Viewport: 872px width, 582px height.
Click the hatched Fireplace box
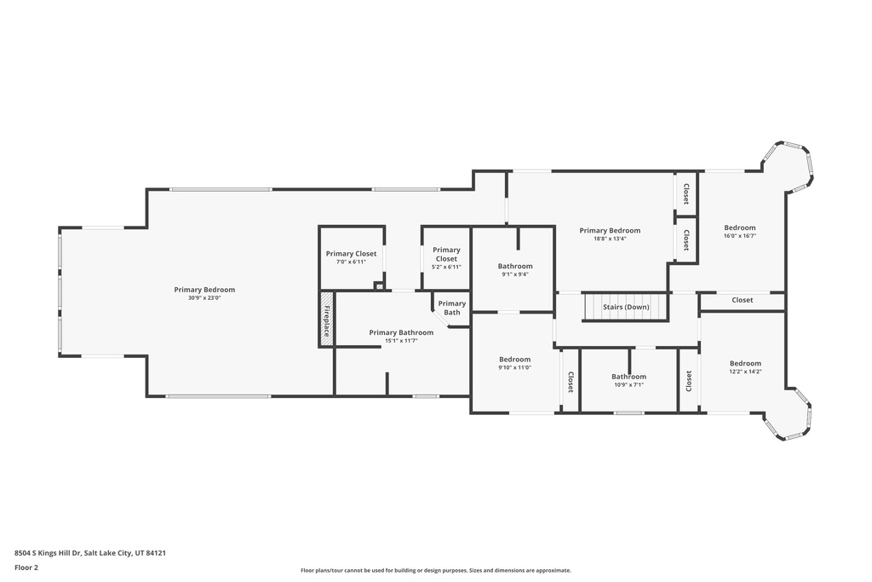point(326,320)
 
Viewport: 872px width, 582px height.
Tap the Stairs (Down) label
point(626,307)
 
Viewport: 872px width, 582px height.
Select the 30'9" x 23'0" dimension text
point(204,297)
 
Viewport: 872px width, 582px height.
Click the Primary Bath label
point(451,308)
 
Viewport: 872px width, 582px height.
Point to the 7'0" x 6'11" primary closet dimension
point(351,262)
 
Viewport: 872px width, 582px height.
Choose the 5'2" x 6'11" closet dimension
point(446,267)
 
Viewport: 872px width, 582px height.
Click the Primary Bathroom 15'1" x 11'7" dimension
point(401,341)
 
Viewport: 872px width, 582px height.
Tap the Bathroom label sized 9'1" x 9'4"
point(515,266)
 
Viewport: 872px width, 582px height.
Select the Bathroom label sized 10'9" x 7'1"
point(629,377)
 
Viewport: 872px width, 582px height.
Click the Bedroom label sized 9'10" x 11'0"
point(514,360)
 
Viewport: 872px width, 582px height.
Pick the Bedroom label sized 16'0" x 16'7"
point(740,228)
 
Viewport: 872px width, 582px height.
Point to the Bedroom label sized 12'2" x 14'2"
point(745,363)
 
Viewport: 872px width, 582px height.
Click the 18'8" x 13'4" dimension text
point(610,239)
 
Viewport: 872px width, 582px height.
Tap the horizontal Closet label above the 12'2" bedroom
point(742,300)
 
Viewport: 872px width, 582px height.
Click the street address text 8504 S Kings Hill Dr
point(48,553)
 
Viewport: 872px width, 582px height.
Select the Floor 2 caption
point(26,568)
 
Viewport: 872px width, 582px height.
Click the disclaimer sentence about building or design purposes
point(436,570)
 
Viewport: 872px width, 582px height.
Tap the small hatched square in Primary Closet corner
point(380,286)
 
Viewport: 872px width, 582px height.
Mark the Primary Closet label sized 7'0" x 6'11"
point(351,254)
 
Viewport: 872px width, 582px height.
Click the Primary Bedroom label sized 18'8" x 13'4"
point(610,230)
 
